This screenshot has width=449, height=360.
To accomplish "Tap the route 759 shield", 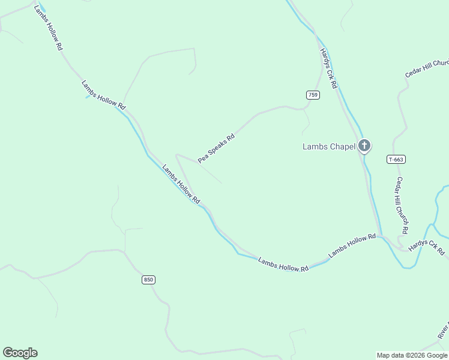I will coord(313,95).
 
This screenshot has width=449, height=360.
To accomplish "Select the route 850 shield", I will coord(149,280).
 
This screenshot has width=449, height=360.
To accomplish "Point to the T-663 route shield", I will coord(396,159).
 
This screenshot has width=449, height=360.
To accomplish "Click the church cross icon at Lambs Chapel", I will coord(364,146).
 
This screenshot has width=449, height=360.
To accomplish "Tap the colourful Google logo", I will coord(20,353).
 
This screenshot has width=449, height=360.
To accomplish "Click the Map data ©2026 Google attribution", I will coord(412,355).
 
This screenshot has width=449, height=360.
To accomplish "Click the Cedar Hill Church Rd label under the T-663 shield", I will coord(402,205).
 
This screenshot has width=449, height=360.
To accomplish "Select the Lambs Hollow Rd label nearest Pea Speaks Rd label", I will coord(181,183).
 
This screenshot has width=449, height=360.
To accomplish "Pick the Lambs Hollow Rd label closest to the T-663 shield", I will coord(352,247).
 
